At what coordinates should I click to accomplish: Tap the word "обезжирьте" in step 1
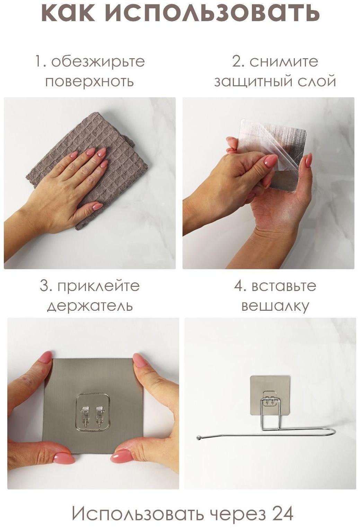point(98,62)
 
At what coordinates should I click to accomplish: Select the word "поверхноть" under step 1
point(89,82)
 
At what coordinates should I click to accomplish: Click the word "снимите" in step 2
point(283,62)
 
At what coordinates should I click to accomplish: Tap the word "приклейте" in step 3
point(98,286)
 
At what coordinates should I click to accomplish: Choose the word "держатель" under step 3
point(90,306)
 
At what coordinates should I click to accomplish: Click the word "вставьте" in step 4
point(284,286)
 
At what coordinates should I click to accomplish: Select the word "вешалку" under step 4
point(275,306)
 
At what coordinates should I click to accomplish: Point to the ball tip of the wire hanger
point(199,438)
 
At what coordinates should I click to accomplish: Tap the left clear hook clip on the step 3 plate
point(85,415)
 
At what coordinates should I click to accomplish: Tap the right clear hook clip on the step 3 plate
point(100,415)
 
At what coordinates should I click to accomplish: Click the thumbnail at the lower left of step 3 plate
point(64,458)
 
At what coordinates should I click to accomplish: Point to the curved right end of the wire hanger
point(333,431)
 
